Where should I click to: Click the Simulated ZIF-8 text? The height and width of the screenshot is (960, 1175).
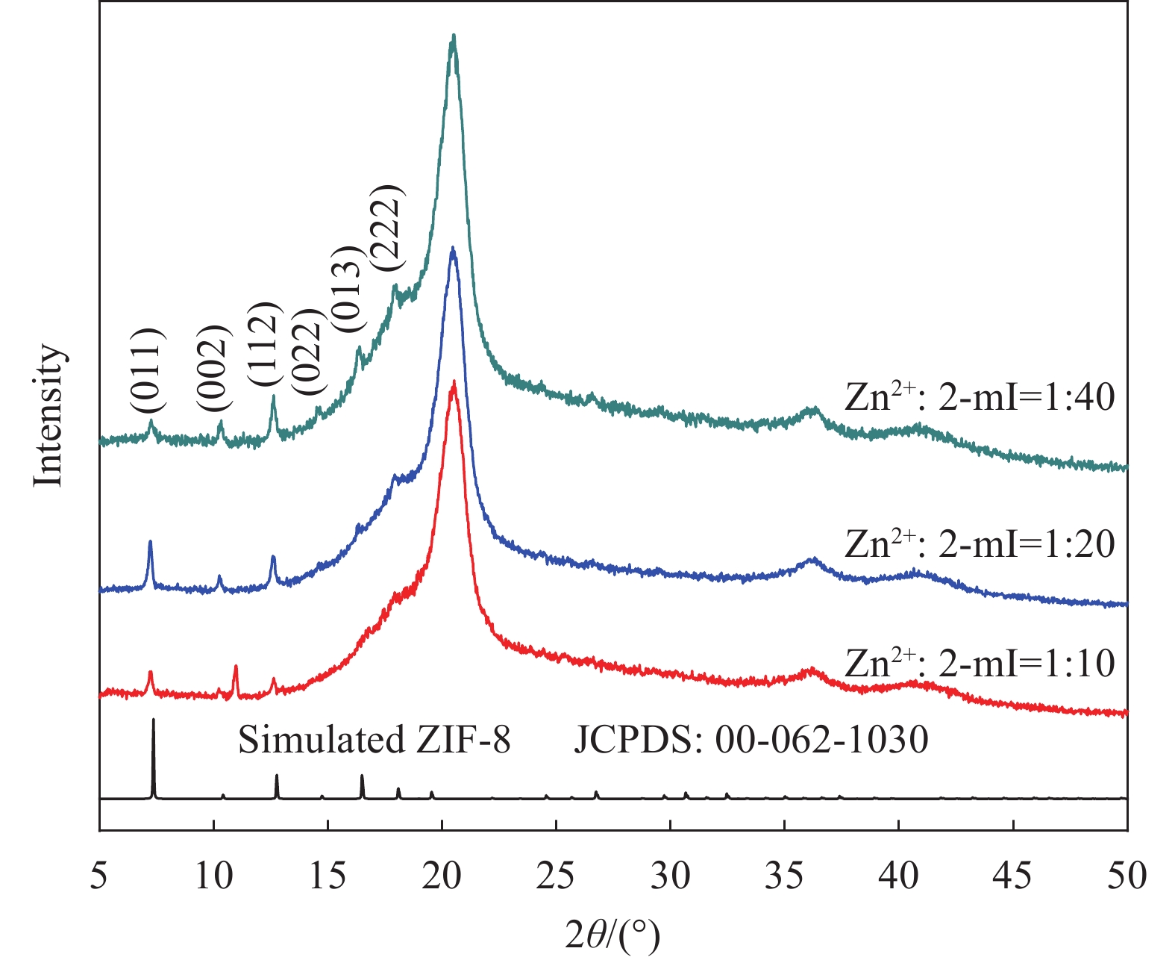[374, 741]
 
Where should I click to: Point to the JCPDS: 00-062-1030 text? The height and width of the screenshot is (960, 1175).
[751, 741]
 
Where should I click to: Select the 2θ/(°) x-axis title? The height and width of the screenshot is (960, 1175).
[612, 933]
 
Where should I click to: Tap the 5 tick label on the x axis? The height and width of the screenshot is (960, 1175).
[98, 876]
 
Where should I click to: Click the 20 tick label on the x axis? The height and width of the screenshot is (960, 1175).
[442, 876]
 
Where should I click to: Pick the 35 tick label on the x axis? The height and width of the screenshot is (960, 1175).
[784, 876]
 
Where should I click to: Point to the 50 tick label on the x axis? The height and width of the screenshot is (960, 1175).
[1127, 876]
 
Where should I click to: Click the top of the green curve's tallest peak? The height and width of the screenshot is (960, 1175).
[453, 36]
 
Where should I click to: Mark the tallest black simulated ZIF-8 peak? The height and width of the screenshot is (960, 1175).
[154, 720]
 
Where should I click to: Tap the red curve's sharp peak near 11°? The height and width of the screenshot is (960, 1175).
[236, 667]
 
